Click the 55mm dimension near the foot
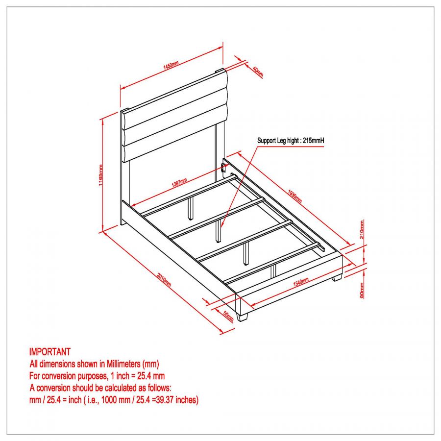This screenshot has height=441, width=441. [x=228, y=316]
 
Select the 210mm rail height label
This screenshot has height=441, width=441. [x=362, y=229]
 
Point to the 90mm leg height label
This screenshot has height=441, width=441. [x=362, y=290]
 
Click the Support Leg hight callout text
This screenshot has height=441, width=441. [x=291, y=141]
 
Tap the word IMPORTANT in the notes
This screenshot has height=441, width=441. [x=50, y=352]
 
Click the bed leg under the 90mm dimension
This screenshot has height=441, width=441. [x=337, y=278]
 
